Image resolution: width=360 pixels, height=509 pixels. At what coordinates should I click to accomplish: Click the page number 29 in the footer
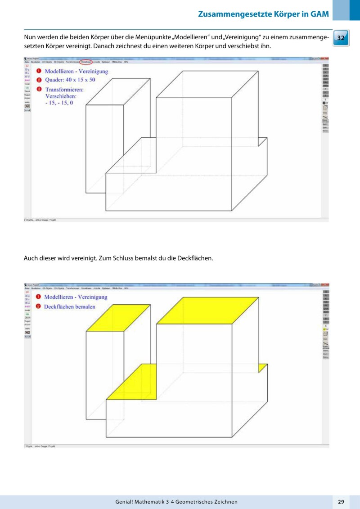[x=341, y=502]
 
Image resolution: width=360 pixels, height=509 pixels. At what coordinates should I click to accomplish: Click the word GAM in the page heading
[x=319, y=14]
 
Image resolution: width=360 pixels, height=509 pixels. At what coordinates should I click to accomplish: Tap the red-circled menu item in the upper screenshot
[x=85, y=61]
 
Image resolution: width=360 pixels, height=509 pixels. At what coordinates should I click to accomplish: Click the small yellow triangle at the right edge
[x=261, y=368]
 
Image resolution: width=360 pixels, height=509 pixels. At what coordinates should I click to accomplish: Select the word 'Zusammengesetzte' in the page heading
[x=234, y=14]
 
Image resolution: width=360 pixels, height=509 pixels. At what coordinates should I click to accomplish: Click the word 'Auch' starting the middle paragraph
[x=30, y=258]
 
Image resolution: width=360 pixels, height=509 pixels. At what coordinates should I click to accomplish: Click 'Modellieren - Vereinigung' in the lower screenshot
[x=76, y=297]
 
